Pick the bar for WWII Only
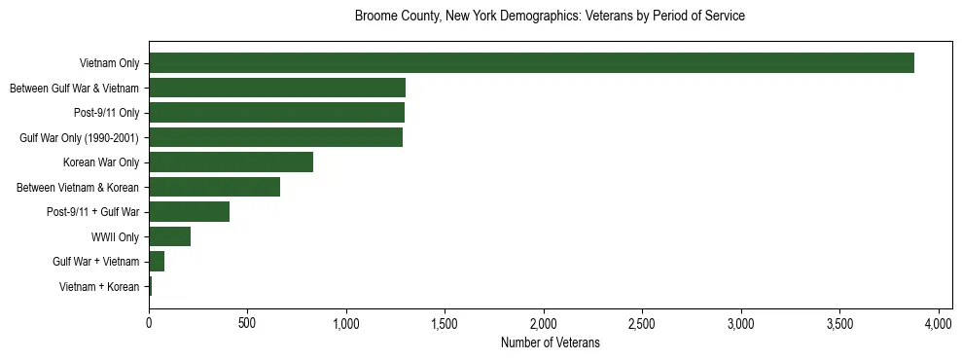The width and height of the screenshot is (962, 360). tap(170, 236)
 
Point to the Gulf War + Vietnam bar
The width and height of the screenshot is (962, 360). tap(157, 262)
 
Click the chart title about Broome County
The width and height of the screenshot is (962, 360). tap(550, 17)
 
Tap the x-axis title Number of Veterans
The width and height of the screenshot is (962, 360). tap(550, 343)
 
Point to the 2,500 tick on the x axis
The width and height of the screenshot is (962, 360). tap(642, 322)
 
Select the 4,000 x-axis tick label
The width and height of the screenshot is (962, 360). tap(939, 322)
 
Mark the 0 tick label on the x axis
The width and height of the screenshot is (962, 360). tap(149, 322)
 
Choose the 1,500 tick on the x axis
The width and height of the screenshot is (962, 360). tap(445, 322)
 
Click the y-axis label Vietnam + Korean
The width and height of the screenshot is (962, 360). tap(99, 287)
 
